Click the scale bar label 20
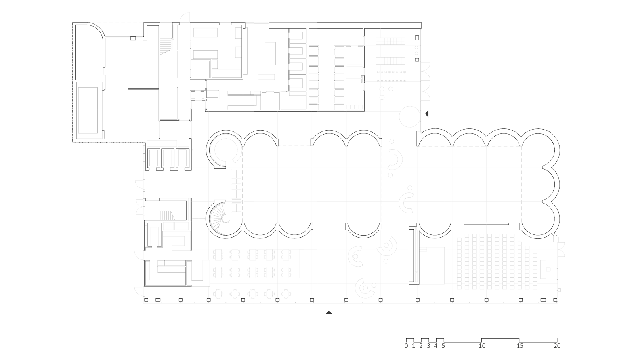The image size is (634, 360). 557,346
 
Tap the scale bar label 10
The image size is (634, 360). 482,346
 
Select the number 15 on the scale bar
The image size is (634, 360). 519,346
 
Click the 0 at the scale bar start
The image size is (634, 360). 406,346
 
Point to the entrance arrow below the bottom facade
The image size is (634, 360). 328,313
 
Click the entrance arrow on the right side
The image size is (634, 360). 427,114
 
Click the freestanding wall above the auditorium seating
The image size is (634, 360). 486,224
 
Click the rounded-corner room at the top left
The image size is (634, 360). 89,51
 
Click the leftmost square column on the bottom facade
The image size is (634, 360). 146,300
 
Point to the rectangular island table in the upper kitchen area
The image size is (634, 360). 270,53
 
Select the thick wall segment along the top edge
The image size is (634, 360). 345,25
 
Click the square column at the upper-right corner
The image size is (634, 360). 417,38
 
